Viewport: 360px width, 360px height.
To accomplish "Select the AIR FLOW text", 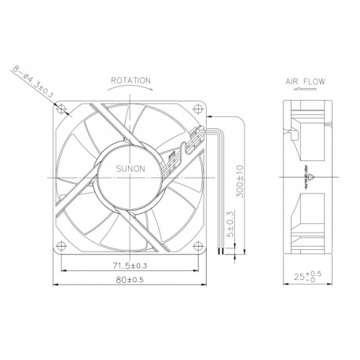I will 302,80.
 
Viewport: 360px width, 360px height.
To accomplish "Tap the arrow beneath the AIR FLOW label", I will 302,90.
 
